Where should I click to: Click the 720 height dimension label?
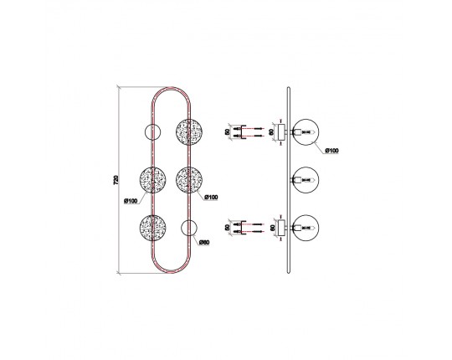coord(116,180)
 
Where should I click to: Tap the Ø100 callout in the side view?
coord(331,151)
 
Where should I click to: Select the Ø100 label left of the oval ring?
coord(131,201)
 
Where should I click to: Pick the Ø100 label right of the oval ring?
coord(211,198)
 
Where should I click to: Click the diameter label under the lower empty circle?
coord(204,243)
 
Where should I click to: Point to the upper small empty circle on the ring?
coord(152,132)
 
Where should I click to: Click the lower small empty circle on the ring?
coord(189,228)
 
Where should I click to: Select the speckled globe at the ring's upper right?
coord(189,132)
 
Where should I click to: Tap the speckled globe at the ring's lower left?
coord(152,228)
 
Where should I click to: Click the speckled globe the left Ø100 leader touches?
coord(152,180)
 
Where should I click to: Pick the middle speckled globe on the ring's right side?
coord(189,180)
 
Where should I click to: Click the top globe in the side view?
coord(306,132)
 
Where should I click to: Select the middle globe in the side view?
coord(306,180)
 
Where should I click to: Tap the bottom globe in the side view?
coord(306,228)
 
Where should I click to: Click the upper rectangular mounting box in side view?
coord(281,132)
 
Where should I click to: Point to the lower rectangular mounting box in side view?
coord(281,228)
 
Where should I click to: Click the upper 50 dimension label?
coord(228,132)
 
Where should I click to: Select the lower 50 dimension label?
coord(228,228)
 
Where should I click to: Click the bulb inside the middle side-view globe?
coord(307,180)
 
